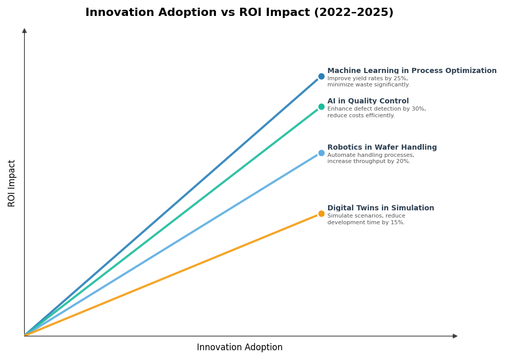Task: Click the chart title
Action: click(x=239, y=13)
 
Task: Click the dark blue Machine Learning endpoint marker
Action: click(x=321, y=77)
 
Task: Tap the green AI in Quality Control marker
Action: click(x=321, y=107)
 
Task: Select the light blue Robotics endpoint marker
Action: click(x=321, y=153)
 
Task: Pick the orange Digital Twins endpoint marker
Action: click(x=321, y=214)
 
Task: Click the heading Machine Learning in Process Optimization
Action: click(x=412, y=71)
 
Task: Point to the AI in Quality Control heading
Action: click(x=368, y=101)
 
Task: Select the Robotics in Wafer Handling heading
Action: click(x=382, y=148)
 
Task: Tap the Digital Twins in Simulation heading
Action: click(x=380, y=208)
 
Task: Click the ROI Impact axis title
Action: click(x=12, y=183)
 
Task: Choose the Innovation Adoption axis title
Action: click(x=240, y=348)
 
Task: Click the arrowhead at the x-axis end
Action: click(x=455, y=336)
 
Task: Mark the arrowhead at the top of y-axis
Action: click(x=24, y=31)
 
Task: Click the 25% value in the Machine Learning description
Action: click(x=400, y=79)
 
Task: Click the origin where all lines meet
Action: click(x=25, y=336)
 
